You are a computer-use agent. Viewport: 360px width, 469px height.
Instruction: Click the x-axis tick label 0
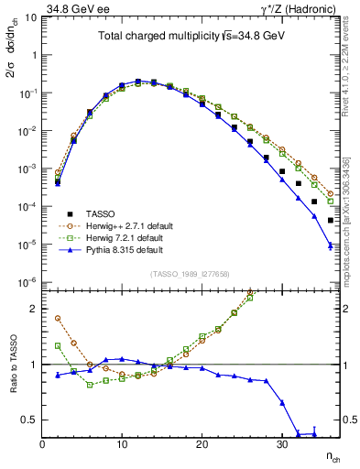pyautogui.click(x=42, y=444)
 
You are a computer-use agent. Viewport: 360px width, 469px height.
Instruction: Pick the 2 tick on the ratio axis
pyautogui.click(x=34, y=309)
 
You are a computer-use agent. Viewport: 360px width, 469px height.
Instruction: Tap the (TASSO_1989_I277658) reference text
pyautogui.click(x=190, y=273)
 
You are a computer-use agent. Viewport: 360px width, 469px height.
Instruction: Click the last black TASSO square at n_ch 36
pyautogui.click(x=330, y=220)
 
